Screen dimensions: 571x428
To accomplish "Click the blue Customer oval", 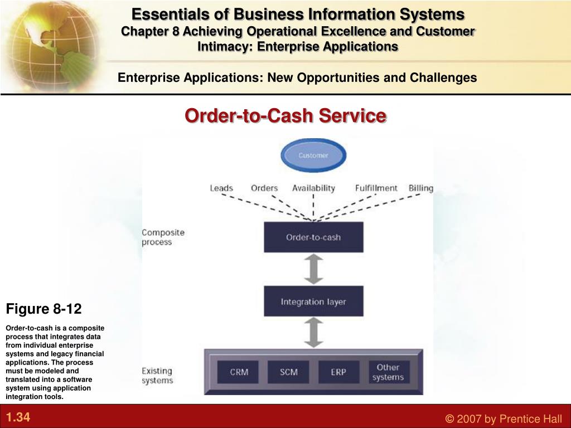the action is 313,155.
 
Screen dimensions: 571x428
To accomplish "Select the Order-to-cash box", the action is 313,237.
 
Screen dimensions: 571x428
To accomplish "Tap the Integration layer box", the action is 313,301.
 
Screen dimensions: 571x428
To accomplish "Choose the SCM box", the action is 288,372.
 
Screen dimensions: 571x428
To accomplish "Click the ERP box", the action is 338,372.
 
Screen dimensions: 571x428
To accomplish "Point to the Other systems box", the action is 389,372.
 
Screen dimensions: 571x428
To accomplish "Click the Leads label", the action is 221,188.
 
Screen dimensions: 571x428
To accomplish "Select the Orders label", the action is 264,188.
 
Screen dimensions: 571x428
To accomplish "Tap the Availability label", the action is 313,188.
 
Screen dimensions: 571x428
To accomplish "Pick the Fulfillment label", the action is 376,188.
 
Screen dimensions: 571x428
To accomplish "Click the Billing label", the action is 421,188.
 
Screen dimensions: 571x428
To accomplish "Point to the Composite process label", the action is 163,237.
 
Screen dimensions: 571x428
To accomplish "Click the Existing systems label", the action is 157,376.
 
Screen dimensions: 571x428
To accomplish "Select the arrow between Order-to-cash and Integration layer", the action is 313,269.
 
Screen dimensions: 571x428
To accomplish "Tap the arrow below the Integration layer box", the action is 313,332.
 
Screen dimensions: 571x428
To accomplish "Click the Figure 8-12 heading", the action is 43,309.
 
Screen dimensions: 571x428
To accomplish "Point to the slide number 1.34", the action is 18,417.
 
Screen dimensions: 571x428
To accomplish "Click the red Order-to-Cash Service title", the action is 285,116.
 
